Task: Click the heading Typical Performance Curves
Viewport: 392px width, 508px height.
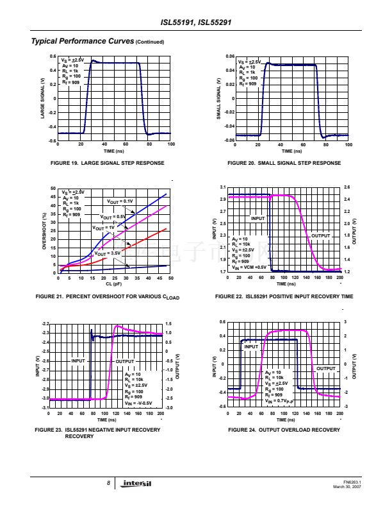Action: click(83, 42)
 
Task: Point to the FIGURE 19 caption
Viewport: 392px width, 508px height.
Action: click(107, 164)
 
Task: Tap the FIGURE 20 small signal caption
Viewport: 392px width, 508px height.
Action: click(284, 164)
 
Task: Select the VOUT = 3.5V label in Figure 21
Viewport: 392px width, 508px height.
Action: click(107, 253)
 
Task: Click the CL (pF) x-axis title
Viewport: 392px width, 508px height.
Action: click(114, 283)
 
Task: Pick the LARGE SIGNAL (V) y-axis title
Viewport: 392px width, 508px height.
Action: click(43, 98)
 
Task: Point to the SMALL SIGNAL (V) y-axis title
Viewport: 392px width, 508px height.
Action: click(218, 98)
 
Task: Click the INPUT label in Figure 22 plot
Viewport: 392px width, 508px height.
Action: click(257, 219)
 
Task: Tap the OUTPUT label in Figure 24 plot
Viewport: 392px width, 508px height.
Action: click(326, 368)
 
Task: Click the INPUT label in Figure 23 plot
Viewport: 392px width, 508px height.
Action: click(78, 361)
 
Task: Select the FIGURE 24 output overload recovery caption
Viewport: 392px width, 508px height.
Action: click(284, 430)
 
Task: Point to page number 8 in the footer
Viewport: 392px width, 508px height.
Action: click(109, 483)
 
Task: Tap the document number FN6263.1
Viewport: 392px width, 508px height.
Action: click(352, 482)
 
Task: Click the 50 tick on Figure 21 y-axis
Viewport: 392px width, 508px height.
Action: click(54, 189)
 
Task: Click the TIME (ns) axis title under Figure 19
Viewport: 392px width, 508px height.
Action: click(114, 151)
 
